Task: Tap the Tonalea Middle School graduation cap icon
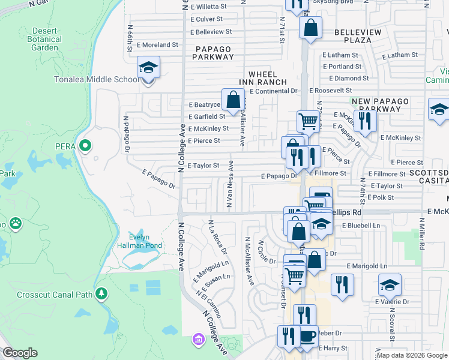point(148,68)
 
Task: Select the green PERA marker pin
point(85,145)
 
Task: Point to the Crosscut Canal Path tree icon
point(101,293)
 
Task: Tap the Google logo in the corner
point(20,353)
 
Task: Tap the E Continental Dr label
point(274,91)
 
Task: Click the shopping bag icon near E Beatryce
point(233,99)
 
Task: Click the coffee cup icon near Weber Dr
point(308,337)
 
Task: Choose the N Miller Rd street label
point(423,235)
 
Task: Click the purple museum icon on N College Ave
point(197,340)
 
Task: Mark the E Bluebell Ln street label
point(361,226)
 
